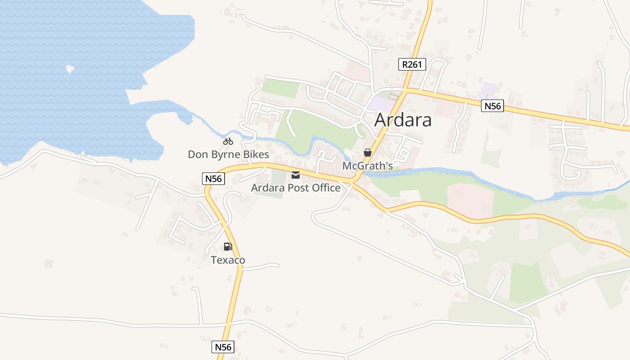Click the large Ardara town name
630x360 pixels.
coord(403,120)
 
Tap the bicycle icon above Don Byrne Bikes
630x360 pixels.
coord(228,141)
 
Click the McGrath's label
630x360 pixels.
coord(368,166)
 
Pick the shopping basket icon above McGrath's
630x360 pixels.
coord(368,153)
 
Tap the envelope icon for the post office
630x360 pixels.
coord(296,175)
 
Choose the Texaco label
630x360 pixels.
coord(228,260)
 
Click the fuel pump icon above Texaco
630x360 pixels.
coord(228,247)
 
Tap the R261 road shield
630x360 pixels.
coord(412,64)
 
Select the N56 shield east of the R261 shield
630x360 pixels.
coord(492,106)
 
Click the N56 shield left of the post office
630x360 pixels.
coord(213,179)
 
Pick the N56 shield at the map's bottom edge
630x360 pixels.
coord(223,347)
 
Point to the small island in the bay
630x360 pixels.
coord(70,69)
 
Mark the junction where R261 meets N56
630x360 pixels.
coord(407,90)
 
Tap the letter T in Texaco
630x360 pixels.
coord(214,260)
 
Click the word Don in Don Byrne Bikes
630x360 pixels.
coord(197,155)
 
